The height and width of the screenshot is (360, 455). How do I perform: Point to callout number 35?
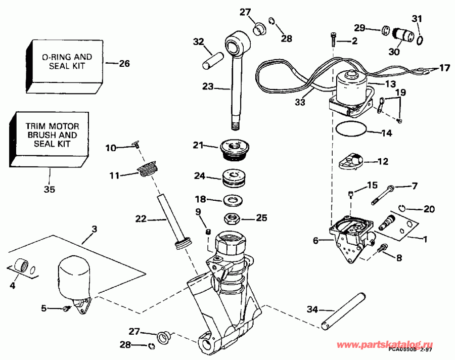click(49, 190)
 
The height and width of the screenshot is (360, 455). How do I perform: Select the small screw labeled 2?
click(334, 37)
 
